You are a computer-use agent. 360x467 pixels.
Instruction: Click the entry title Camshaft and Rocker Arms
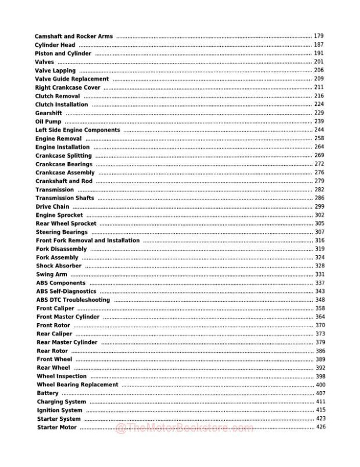click(74, 36)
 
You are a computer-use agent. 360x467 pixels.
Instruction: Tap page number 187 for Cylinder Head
click(318, 45)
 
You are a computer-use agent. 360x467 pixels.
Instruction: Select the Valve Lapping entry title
click(55, 70)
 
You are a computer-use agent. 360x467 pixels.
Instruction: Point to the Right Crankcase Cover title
click(67, 88)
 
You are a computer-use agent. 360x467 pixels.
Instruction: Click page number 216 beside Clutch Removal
click(319, 96)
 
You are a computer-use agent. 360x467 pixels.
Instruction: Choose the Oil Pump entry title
click(48, 121)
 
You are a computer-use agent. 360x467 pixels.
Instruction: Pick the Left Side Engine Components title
click(77, 130)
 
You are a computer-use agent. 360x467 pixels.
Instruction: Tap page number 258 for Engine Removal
click(319, 138)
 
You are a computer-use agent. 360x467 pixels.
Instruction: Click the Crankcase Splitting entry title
click(63, 156)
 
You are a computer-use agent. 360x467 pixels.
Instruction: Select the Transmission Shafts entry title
click(65, 198)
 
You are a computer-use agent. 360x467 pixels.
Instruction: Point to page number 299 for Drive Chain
click(319, 207)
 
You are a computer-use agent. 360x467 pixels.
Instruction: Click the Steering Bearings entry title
click(62, 232)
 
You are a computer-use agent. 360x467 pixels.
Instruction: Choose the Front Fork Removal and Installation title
click(88, 240)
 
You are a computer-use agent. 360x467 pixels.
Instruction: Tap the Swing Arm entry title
click(51, 274)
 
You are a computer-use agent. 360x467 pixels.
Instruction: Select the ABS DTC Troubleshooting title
click(73, 300)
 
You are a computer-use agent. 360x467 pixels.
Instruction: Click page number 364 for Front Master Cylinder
click(320, 317)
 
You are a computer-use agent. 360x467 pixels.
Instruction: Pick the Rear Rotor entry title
click(52, 351)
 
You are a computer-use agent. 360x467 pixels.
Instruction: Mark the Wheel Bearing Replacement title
click(77, 385)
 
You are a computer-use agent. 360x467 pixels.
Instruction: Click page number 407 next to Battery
click(320, 393)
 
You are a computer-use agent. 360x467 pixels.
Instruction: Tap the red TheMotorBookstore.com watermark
click(184, 428)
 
